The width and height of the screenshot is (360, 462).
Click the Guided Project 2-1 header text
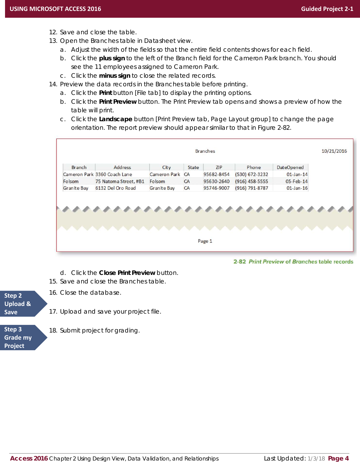pyautogui.click(x=327, y=9)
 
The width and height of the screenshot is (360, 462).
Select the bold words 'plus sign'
pyautogui.click(x=112, y=58)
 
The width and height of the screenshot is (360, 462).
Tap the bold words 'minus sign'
pyautogui.click(x=114, y=76)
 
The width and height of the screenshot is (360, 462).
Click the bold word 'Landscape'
pyautogui.click(x=115, y=119)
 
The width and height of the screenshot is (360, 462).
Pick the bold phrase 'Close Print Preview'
pyautogui.click(x=127, y=273)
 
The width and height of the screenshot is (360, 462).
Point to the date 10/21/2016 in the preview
pyautogui.click(x=334, y=151)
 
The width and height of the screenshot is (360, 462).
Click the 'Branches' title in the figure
pyautogui.click(x=205, y=151)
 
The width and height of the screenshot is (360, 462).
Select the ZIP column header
pyautogui.click(x=219, y=167)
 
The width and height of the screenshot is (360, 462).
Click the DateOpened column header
pyautogui.click(x=290, y=167)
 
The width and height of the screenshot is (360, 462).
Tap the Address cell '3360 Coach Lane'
pyautogui.click(x=114, y=174)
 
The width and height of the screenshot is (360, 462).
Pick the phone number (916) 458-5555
pyautogui.click(x=251, y=181)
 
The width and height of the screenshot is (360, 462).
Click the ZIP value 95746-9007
pyautogui.click(x=216, y=188)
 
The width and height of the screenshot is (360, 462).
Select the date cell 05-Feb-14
pyautogui.click(x=296, y=181)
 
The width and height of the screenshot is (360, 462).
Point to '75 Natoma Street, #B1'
pyautogui.click(x=120, y=181)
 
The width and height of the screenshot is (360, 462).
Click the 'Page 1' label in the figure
pyautogui.click(x=205, y=241)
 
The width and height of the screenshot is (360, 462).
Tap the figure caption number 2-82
pyautogui.click(x=240, y=262)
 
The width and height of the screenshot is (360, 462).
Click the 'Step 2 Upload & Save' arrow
pyautogui.click(x=21, y=304)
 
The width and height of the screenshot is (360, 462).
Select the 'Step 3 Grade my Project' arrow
pyautogui.click(x=21, y=338)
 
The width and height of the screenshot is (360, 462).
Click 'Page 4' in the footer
pyautogui.click(x=338, y=458)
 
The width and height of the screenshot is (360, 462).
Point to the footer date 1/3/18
pyautogui.click(x=316, y=459)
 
